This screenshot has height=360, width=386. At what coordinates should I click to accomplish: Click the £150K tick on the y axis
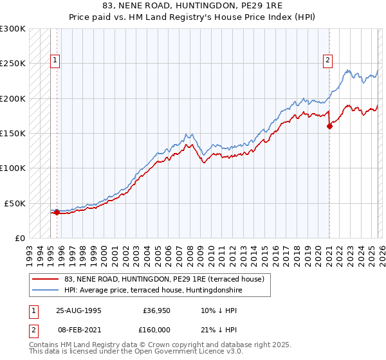(x=13, y=134)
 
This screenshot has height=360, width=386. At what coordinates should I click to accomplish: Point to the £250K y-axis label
(x=13, y=64)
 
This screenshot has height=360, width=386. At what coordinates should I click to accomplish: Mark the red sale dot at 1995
(x=57, y=212)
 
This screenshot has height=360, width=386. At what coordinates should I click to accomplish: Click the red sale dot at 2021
(x=329, y=126)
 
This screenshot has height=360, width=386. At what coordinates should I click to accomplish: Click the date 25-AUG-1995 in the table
(x=78, y=310)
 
